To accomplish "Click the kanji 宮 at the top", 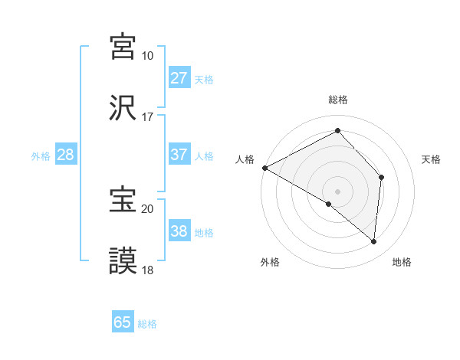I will point(123,47).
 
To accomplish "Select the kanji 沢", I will point(123,108).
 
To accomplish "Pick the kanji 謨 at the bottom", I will point(123,261).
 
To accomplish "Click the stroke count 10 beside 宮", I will point(147,56).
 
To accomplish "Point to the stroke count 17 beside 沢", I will point(147,117).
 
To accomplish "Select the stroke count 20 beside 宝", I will point(147,208).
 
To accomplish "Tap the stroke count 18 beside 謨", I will point(147,270).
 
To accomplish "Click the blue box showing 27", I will point(179,78).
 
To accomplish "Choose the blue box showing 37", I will point(179,155).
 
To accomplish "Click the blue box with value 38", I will point(179,231).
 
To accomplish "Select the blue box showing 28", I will point(66,155).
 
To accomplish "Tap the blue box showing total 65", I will point(123,322).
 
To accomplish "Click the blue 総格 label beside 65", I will point(148,324).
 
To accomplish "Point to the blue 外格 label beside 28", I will point(41,156).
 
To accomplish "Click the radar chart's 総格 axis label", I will point(338,100).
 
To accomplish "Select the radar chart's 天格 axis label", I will point(432,159).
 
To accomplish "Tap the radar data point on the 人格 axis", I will point(264,168).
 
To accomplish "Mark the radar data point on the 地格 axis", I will point(373,242).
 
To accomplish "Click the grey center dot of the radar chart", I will point(338,191).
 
